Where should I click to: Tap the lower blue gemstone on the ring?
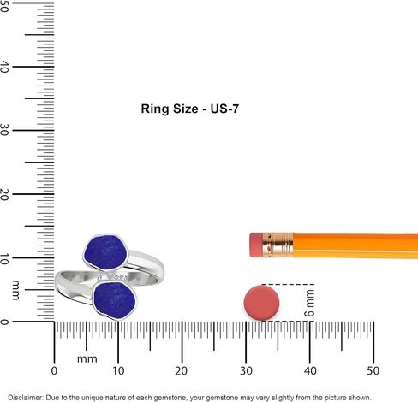[x=115, y=300]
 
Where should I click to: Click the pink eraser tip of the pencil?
[x=256, y=245]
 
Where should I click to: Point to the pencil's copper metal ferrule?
[x=278, y=245]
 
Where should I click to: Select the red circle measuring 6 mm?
[x=261, y=303]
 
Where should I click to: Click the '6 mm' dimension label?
[x=309, y=303]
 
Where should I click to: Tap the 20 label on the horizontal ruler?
[x=182, y=371]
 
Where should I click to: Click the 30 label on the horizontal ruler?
[x=246, y=371]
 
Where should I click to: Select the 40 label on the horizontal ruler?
[x=310, y=371]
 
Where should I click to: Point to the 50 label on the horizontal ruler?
[x=373, y=371]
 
